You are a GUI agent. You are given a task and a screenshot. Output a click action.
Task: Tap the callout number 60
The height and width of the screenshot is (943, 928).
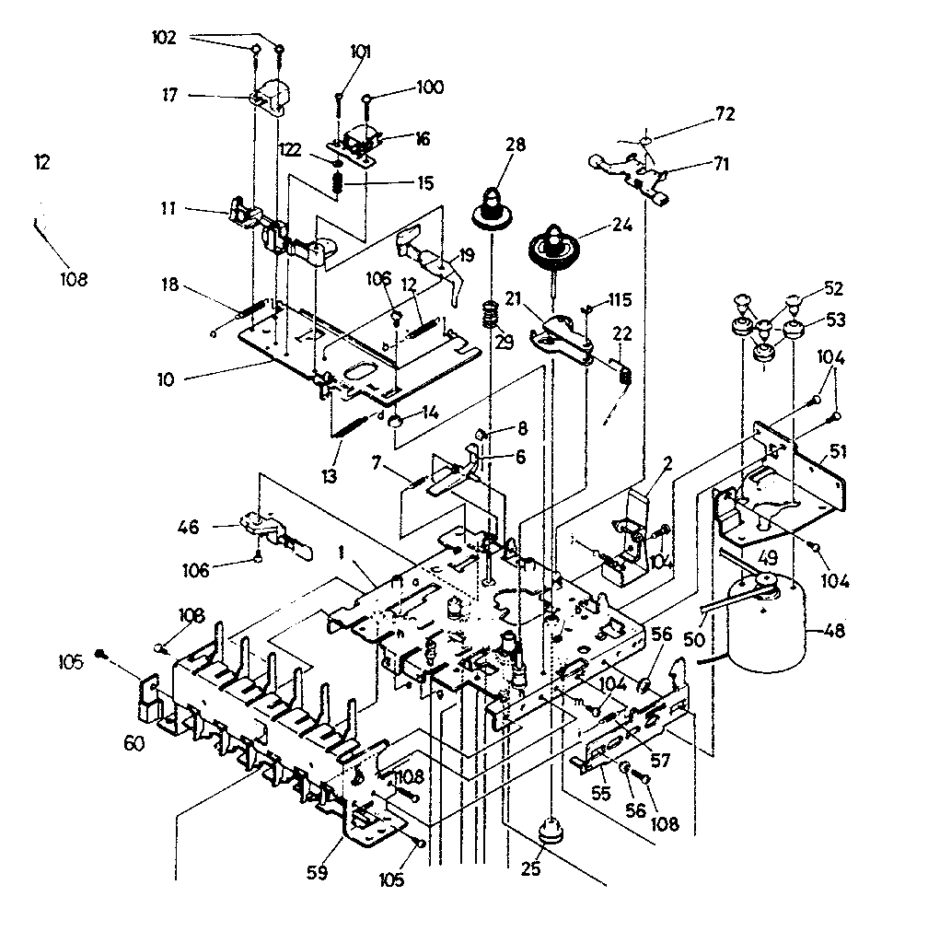click(x=133, y=743)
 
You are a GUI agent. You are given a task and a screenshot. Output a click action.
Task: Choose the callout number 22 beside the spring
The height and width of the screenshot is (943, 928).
click(x=622, y=334)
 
